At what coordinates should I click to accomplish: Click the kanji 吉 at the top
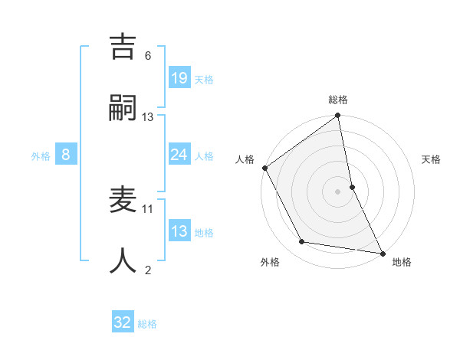[x=125, y=47]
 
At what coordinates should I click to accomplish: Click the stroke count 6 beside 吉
[x=148, y=56]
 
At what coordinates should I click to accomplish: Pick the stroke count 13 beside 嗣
[x=148, y=116]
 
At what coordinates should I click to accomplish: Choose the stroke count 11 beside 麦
[x=148, y=208]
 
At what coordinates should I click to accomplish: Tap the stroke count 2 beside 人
[x=148, y=269]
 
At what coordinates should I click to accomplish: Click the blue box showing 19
[x=179, y=77]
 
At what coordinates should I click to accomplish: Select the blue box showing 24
[x=179, y=155]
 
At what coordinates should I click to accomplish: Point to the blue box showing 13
[x=179, y=231]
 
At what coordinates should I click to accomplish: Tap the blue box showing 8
[x=66, y=155]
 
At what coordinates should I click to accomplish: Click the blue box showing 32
[x=123, y=322]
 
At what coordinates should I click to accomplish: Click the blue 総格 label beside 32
[x=147, y=324]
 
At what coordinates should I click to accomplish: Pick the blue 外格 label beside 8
[x=41, y=156]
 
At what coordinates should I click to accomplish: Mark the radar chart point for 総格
[x=337, y=116]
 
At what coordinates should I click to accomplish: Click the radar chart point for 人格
[x=264, y=168]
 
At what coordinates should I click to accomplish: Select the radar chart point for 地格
[x=382, y=253]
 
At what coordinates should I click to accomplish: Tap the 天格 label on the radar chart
[x=431, y=160]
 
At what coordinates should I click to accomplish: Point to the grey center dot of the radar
[x=337, y=191]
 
